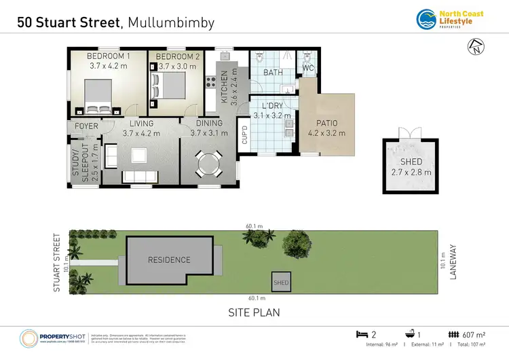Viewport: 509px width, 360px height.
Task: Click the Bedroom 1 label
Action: click(x=109, y=62)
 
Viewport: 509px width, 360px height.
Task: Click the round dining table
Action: click(x=207, y=164)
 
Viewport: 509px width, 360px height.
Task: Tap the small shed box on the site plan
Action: click(x=280, y=282)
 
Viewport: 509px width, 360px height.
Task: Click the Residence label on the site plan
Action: click(x=169, y=260)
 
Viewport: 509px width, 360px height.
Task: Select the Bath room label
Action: click(x=274, y=72)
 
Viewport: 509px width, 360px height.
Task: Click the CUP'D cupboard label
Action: click(x=244, y=135)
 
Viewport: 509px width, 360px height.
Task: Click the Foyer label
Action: click(x=86, y=126)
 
